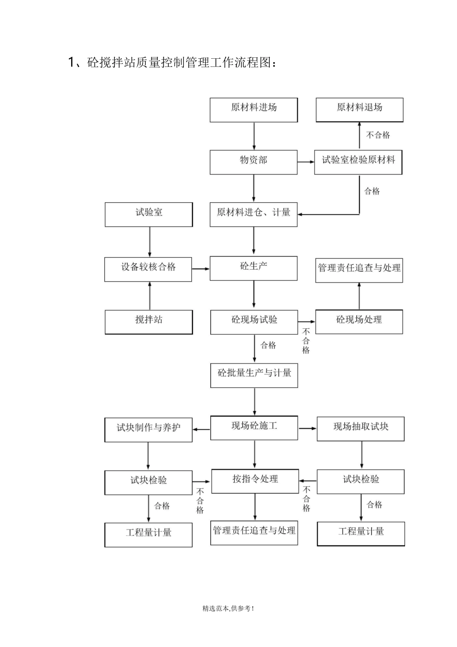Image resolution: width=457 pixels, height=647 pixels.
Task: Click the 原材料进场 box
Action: pos(254,110)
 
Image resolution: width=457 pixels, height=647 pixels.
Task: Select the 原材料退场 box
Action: pos(359,110)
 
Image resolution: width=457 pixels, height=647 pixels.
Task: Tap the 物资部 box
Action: pos(254,162)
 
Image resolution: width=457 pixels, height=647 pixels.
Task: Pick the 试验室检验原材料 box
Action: pos(358,162)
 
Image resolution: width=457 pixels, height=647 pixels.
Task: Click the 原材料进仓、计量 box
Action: pos(254,215)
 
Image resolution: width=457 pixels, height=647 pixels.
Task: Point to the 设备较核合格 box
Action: pos(148,269)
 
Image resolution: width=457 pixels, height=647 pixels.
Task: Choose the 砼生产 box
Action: pos(254,268)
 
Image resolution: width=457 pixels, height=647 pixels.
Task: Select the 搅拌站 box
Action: pos(149,322)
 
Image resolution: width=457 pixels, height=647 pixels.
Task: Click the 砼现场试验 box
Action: pos(254,322)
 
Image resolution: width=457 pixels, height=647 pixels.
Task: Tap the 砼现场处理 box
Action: pos(359,322)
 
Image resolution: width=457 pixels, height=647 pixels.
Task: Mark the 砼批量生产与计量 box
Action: pos(254,375)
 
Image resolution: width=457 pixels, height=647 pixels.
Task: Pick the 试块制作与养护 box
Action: pos(149,429)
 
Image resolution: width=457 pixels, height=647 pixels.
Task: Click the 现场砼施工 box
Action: pos(254,428)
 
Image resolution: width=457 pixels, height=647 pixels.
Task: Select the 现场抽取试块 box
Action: pos(360,429)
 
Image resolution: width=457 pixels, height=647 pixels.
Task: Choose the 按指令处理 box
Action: pos(255,481)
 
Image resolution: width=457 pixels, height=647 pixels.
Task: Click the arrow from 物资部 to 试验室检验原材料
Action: pos(305,162)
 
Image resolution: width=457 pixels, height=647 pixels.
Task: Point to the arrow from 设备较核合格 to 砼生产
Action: pos(201,269)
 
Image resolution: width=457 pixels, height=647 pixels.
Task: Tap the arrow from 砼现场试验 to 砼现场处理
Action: pos(306,322)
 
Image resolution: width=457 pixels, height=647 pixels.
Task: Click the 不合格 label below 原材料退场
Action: pos(378,135)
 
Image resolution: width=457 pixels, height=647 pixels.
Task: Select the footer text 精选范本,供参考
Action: pos(228,608)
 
